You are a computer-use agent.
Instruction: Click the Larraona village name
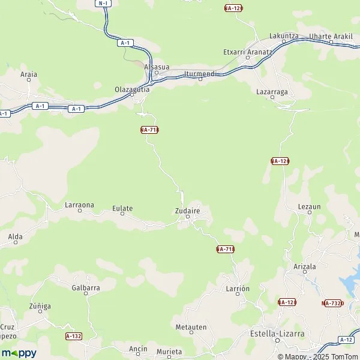pos(79,205)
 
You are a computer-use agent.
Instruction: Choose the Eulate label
pos(122,209)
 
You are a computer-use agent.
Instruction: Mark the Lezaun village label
pos(310,206)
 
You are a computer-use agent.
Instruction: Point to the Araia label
pos(29,75)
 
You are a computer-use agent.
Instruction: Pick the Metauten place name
pos(191,327)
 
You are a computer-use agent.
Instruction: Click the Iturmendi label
pos(200,73)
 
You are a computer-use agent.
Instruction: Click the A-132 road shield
pos(73,337)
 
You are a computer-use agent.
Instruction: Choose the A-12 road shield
pos(346,340)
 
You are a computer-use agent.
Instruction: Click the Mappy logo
pos(19,353)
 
